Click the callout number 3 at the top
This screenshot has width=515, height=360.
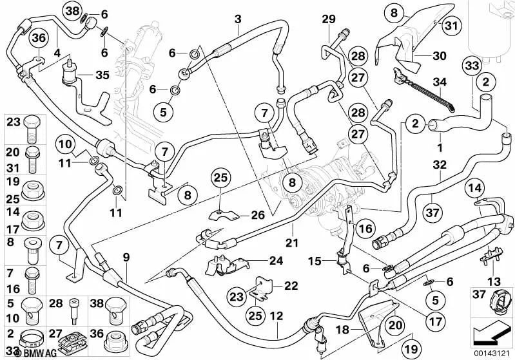pyautogui.click(x=238, y=20)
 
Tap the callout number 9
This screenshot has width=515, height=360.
pyautogui.click(x=126, y=256)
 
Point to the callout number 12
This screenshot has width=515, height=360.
pyautogui.click(x=277, y=316)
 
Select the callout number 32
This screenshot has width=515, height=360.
pyautogui.click(x=440, y=164)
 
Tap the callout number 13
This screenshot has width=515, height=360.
pyautogui.click(x=492, y=281)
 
